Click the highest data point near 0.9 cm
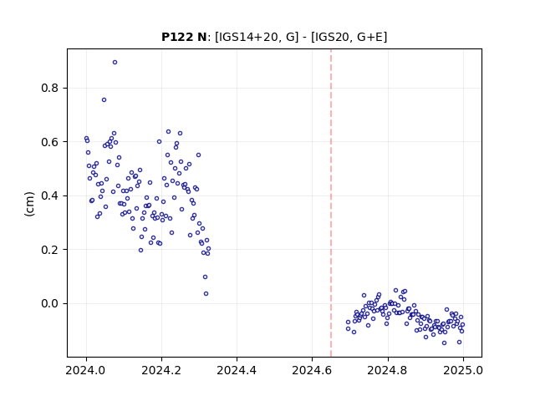click(115, 63)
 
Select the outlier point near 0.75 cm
click(104, 100)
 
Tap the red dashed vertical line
click(331, 203)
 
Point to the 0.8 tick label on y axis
click(50, 88)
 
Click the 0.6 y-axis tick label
click(50, 142)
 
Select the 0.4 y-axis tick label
click(50, 195)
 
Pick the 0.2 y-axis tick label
click(50, 250)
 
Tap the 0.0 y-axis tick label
click(50, 303)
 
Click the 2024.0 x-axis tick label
click(86, 370)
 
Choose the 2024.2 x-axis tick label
click(161, 370)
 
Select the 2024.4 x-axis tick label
click(237, 370)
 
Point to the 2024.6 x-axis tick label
click(312, 370)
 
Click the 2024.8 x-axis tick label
click(388, 370)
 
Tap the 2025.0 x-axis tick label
click(463, 370)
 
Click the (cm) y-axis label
click(30, 204)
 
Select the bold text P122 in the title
click(177, 37)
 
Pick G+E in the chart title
click(369, 37)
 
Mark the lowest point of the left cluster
click(206, 293)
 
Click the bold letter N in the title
click(201, 37)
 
